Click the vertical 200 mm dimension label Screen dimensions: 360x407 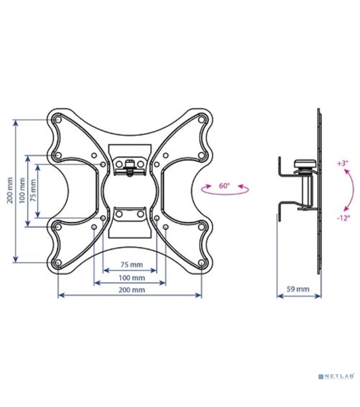point(10,190)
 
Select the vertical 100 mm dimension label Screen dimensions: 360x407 point(22,191)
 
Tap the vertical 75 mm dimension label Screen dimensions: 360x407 point(34,191)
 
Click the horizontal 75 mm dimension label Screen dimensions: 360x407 point(132,265)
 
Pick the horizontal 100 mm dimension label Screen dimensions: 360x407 point(132,277)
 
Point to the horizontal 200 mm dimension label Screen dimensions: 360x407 point(132,290)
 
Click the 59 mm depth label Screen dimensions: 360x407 point(298,289)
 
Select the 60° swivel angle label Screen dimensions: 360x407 point(224,186)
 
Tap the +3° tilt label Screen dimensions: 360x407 point(342,163)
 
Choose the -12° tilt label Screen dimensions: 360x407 point(344,218)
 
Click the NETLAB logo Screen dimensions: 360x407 point(336,376)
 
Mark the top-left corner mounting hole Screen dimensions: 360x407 point(58,120)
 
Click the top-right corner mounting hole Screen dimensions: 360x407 point(201,120)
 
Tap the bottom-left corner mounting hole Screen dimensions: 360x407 point(58,263)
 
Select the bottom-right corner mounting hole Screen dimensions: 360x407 point(201,263)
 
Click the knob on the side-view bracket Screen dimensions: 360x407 point(305,163)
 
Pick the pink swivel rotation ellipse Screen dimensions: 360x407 point(225,190)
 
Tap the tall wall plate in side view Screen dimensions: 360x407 point(319,191)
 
